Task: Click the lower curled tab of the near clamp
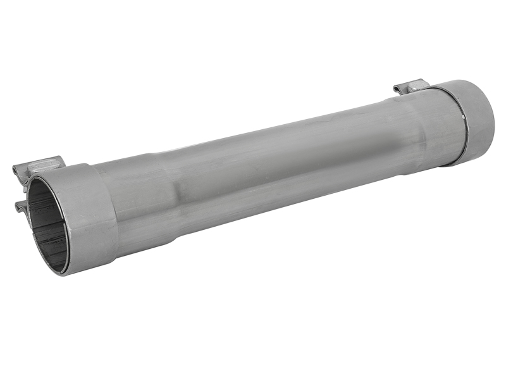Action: pyautogui.click(x=19, y=205)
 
